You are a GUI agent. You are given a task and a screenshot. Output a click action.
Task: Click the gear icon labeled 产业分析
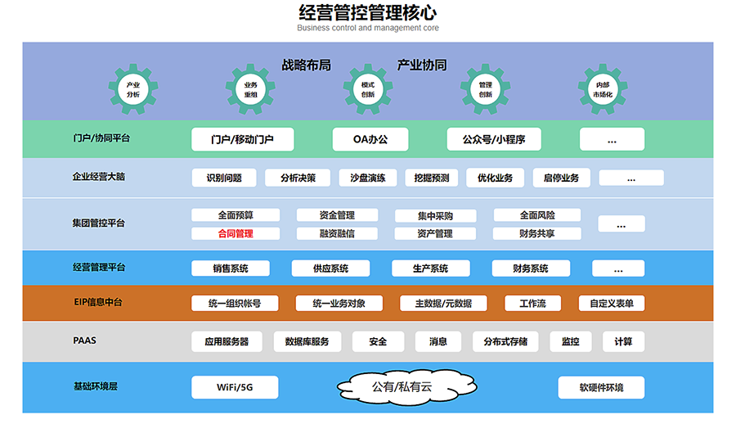click(133, 89)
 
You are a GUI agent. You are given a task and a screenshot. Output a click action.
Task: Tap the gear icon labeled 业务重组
click(250, 89)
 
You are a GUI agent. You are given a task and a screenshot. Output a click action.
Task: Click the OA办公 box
click(370, 139)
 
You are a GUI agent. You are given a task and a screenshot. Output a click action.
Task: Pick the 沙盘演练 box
click(373, 178)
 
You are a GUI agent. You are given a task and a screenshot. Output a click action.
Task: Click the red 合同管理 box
click(236, 233)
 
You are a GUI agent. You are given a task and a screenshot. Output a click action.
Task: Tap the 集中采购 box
click(435, 216)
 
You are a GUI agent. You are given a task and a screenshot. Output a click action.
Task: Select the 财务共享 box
click(537, 233)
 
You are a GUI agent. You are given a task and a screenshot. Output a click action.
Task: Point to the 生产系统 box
click(430, 268)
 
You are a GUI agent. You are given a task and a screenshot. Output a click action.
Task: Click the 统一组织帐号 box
click(235, 303)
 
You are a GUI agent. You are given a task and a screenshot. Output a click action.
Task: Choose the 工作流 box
click(532, 303)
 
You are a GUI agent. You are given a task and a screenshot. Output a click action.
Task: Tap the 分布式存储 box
click(505, 341)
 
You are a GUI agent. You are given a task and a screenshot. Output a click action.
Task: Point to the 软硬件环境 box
click(601, 387)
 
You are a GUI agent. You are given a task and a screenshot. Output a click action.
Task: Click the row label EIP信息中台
click(97, 302)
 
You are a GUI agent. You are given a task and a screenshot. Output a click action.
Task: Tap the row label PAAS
click(84, 340)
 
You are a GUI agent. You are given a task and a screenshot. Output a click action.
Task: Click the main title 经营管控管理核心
click(368, 12)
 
